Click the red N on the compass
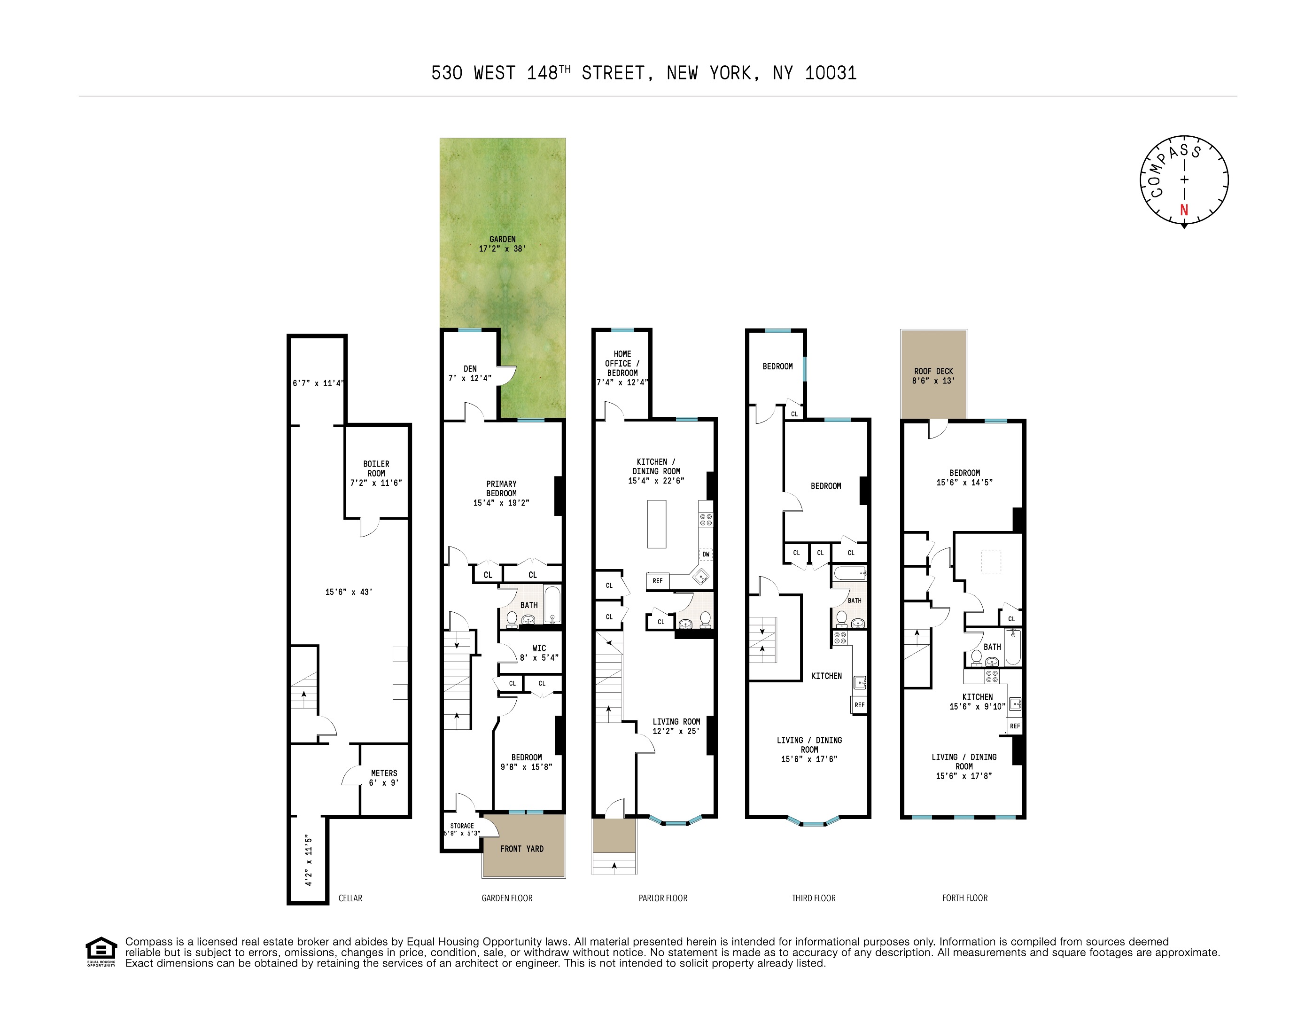1184,210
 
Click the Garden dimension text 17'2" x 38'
503,248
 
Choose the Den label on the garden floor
470,368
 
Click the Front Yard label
522,849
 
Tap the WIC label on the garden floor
539,648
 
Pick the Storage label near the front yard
462,826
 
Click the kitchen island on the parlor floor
657,524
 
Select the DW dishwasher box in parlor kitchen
706,554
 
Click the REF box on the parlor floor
658,581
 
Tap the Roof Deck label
933,371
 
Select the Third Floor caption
814,898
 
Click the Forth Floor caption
965,898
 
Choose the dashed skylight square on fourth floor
991,562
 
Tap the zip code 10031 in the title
831,73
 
